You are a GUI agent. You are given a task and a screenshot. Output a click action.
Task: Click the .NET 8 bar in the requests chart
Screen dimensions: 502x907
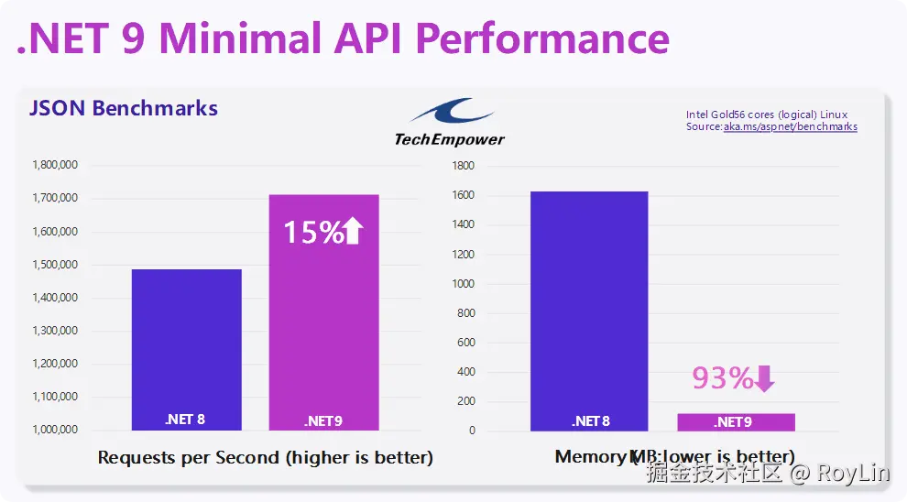tap(186, 348)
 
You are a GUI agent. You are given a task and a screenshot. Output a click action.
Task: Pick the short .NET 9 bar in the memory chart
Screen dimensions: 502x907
tap(736, 421)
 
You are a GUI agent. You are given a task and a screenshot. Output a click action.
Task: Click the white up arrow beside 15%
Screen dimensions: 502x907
tap(353, 231)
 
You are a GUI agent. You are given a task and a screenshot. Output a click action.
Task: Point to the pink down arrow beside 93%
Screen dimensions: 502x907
tap(764, 377)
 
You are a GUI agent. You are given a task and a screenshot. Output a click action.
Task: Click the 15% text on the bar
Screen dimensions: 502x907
tap(312, 232)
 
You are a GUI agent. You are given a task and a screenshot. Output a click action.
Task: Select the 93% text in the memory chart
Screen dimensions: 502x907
tap(722, 377)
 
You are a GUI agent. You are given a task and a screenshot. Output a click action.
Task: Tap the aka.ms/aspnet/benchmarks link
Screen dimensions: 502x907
tap(791, 126)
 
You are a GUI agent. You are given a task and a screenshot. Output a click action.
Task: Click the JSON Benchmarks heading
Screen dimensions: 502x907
tap(124, 108)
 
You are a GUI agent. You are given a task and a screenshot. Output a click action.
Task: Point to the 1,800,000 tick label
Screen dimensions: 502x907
tap(54, 165)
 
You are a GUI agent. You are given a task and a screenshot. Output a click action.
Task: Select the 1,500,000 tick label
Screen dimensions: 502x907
tap(54, 265)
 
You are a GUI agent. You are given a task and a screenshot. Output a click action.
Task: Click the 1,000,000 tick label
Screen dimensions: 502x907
tap(54, 430)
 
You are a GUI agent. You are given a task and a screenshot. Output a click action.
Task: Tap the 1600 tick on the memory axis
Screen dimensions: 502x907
tap(463, 195)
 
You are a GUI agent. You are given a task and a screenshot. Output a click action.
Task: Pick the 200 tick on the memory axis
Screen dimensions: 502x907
tap(465, 401)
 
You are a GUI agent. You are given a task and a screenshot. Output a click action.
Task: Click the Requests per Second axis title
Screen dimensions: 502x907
tap(265, 457)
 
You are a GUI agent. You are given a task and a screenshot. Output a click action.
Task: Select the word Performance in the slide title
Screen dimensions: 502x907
tap(544, 38)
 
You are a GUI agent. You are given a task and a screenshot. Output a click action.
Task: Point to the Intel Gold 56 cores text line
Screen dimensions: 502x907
tap(767, 115)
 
